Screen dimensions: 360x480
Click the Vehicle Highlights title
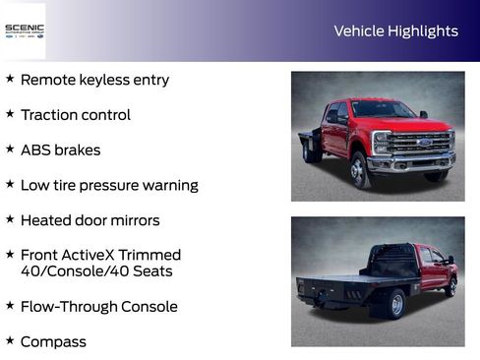[395, 30]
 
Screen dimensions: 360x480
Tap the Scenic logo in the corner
[24, 30]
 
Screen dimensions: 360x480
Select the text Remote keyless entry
[94, 80]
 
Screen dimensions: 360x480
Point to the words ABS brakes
[60, 150]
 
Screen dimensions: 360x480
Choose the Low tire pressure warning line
[109, 185]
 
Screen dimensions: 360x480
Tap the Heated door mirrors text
[90, 220]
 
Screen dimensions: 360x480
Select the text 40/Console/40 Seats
[95, 271]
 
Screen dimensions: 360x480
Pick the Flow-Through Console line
[98, 307]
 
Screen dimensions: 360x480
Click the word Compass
[53, 342]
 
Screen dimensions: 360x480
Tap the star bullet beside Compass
[10, 340]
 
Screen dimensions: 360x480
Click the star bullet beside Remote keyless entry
[10, 78]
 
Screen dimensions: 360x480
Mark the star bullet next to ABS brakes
[10, 149]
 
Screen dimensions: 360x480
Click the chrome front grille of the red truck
[420, 144]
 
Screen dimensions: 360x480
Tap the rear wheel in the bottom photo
[394, 304]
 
